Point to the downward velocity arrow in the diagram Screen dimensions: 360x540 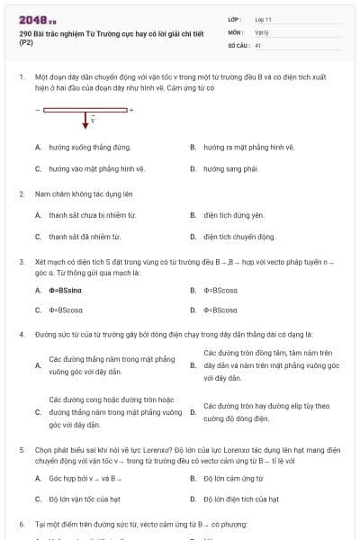click(x=87, y=121)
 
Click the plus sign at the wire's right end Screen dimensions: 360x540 click(x=130, y=110)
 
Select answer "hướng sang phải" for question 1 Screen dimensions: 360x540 click(x=230, y=168)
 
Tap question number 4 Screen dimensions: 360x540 click(x=21, y=334)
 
